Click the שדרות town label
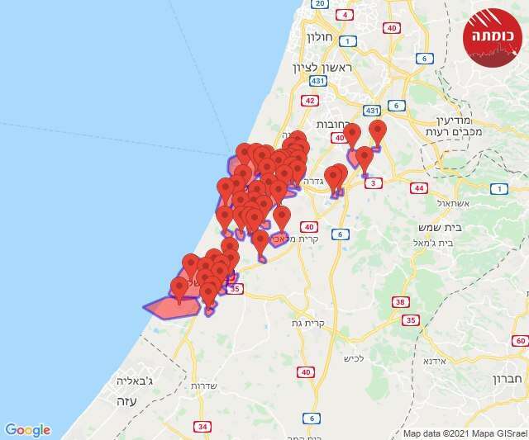203,386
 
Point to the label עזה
126,400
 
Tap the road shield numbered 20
320,4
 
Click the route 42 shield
310,101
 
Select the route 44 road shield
420,188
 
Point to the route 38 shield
401,303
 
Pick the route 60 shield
519,340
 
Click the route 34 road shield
203,426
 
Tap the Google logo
28,430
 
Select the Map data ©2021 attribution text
463,433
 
